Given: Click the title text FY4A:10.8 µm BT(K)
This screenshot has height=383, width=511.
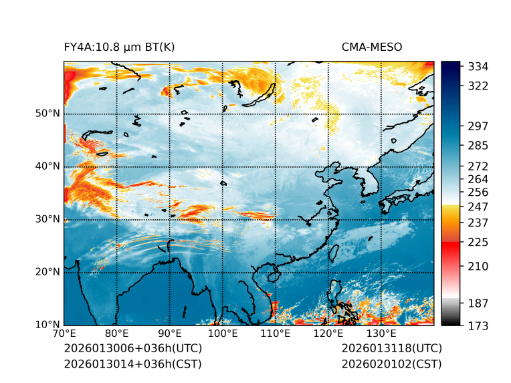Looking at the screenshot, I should pos(119,47).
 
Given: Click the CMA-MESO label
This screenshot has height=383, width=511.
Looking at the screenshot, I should pos(372,47).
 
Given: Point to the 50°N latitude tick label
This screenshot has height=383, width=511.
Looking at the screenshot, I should pos(47,114).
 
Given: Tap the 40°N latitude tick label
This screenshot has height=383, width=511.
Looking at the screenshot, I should pos(47,166).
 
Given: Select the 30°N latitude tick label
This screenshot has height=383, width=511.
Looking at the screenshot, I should pos(47,219).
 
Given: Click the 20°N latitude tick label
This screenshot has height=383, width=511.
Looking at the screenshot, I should pos(47,272).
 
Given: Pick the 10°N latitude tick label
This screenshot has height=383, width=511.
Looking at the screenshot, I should pos(47,325).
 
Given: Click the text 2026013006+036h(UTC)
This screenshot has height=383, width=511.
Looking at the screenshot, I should pos(132,349).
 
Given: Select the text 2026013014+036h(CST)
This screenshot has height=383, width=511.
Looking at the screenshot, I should pos(132,364).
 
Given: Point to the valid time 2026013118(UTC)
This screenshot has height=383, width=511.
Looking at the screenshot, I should pos(391,349).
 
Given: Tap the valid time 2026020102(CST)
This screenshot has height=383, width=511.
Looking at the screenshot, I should pos(391,364).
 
